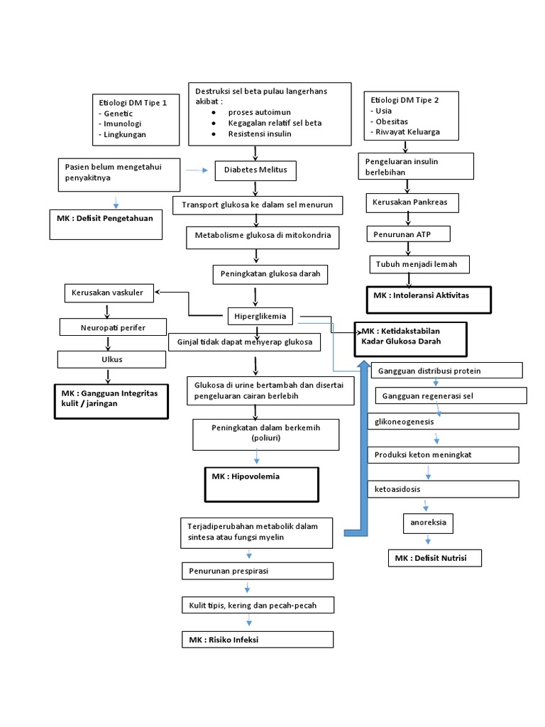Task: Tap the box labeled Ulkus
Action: click(112, 359)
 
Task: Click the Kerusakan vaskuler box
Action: click(108, 293)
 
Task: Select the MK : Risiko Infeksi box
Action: click(256, 640)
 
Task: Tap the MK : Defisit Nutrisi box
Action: click(434, 558)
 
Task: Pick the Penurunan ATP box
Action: click(408, 234)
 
